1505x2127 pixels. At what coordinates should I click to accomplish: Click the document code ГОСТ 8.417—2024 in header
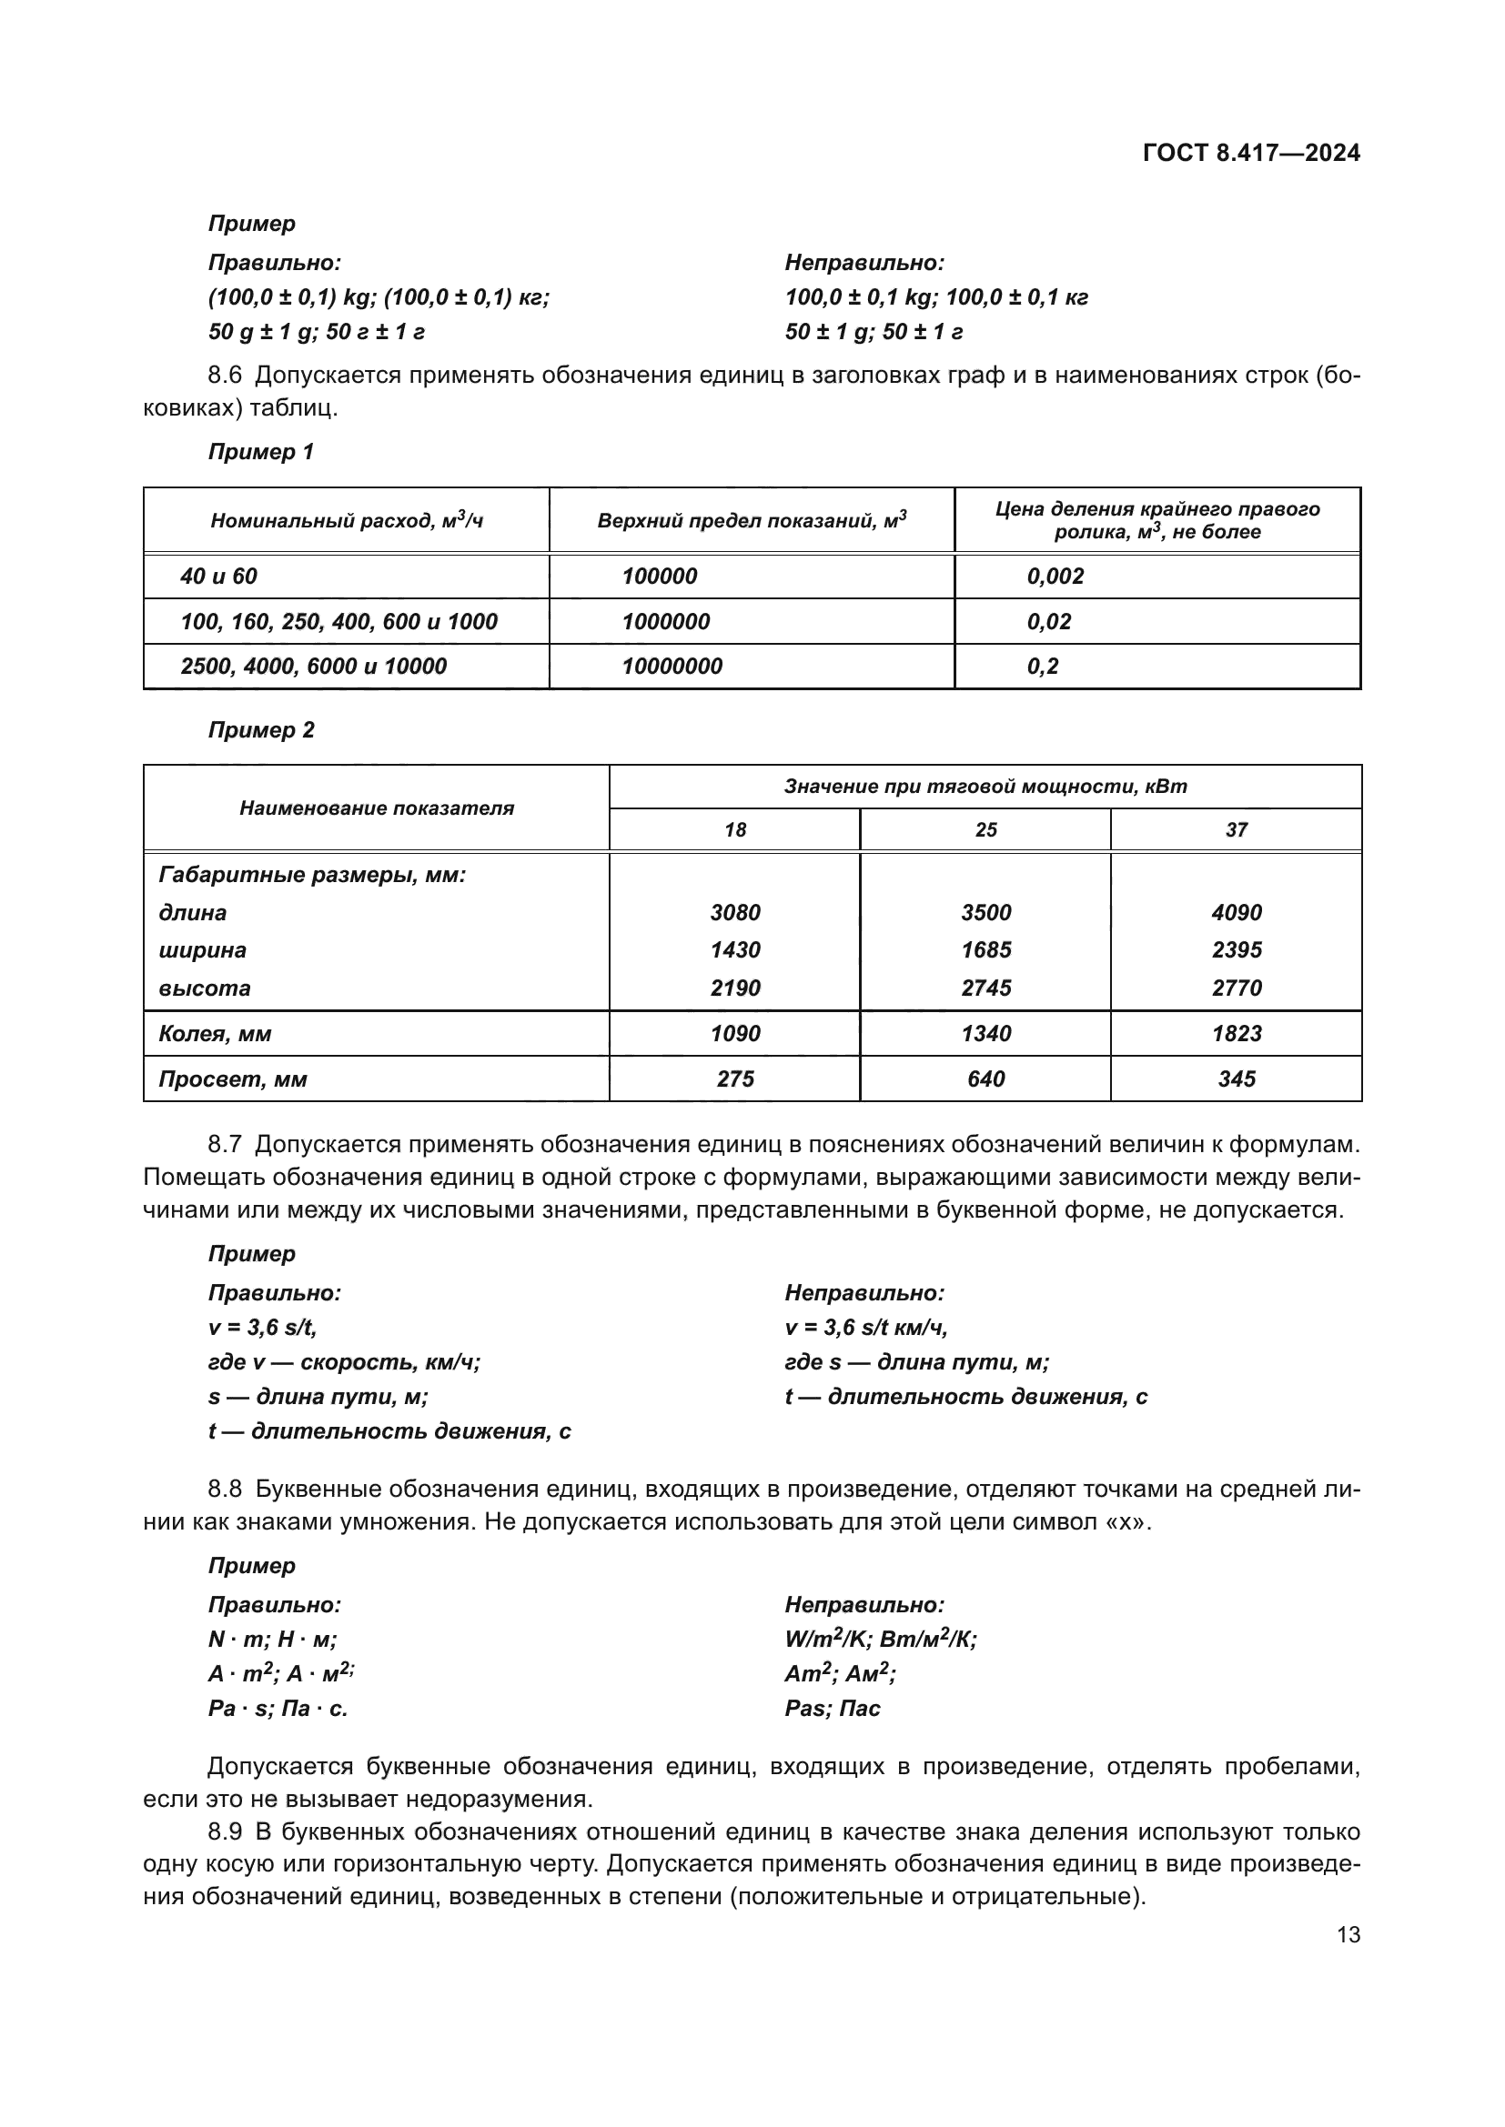point(1251,153)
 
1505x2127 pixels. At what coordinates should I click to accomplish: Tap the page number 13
point(1348,1935)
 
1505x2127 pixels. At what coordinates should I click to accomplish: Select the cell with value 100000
point(659,577)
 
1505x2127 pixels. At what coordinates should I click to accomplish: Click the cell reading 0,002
point(1055,577)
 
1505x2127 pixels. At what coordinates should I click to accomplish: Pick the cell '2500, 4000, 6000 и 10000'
point(313,666)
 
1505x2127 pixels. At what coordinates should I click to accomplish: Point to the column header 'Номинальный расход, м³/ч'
point(347,521)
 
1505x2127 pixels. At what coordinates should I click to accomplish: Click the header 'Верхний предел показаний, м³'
point(752,521)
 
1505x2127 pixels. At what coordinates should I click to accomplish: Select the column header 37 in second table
point(1237,830)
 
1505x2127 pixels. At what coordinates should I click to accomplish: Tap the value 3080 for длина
point(735,912)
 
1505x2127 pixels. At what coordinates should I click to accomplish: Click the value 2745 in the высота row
point(986,988)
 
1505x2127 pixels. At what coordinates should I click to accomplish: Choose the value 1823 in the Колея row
point(1237,1033)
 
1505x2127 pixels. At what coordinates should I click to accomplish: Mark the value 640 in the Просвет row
point(986,1079)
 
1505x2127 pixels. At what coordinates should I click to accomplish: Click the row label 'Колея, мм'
point(215,1033)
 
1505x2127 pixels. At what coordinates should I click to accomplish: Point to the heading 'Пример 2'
point(261,730)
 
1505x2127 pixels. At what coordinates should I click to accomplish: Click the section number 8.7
point(224,1144)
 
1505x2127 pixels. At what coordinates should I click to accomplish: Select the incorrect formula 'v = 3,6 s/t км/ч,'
point(865,1328)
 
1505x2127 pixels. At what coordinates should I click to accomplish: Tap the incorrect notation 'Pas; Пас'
point(833,1709)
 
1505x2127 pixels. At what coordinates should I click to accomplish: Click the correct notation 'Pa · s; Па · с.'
point(278,1709)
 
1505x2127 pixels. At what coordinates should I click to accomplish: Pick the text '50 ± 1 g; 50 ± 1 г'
point(874,332)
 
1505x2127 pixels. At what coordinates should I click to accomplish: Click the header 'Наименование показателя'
point(377,808)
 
